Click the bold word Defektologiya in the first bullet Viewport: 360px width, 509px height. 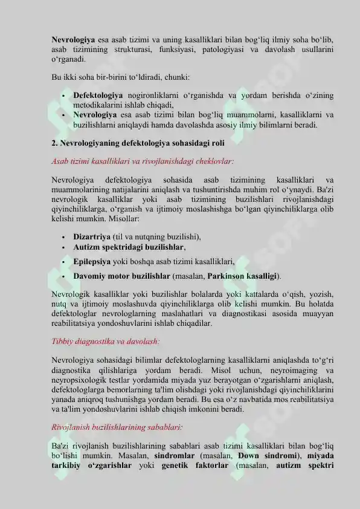coord(98,96)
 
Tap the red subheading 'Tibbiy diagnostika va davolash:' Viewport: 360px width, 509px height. coord(106,341)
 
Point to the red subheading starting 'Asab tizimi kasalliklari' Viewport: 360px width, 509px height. coord(143,161)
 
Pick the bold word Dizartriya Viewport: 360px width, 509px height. coord(92,237)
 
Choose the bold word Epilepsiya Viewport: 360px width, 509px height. coord(92,262)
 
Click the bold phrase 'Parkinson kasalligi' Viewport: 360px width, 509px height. coord(243,276)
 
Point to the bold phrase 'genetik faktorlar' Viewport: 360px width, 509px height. coord(194,465)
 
